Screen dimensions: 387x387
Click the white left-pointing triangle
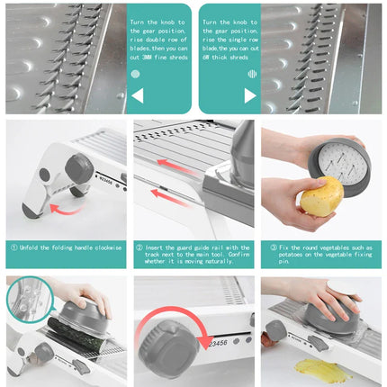137,95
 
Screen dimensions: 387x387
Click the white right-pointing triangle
249,95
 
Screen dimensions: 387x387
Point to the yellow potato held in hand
321,195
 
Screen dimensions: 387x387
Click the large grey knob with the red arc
171,346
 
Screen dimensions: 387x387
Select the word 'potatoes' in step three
284,255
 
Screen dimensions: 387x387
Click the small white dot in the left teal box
136,74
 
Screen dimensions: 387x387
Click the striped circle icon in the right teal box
251,74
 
